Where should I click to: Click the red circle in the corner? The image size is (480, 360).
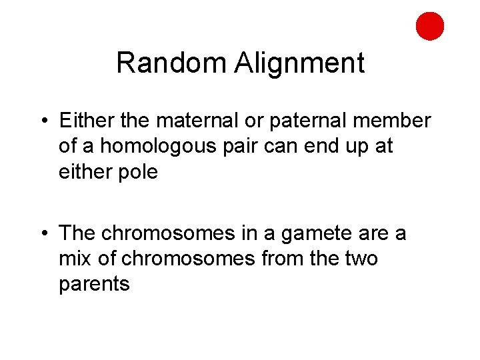(430, 26)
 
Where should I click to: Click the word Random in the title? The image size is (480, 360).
(172, 63)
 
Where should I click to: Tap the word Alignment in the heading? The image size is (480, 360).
(299, 63)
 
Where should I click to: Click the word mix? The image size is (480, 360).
(75, 259)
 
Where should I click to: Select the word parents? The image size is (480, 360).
(94, 284)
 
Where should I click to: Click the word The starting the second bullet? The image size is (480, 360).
(78, 233)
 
